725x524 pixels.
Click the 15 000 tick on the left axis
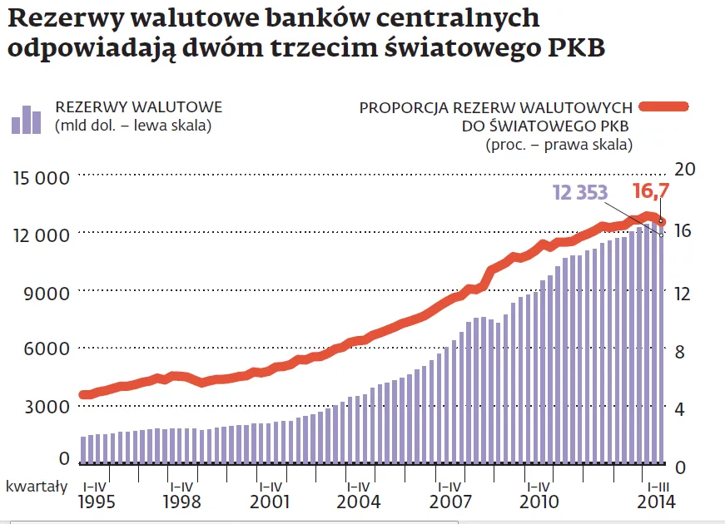click(41, 177)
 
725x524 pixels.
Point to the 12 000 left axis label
click(41, 235)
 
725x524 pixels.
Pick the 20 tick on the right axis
click(683, 169)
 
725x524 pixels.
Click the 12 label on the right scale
click(683, 294)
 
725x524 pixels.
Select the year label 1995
click(98, 502)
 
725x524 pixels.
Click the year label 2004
click(359, 502)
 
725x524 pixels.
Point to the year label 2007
click(450, 502)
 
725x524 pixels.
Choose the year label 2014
click(655, 502)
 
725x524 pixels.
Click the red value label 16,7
click(651, 191)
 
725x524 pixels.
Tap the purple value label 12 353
click(580, 192)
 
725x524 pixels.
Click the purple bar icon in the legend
click(26, 120)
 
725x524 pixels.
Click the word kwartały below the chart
click(37, 486)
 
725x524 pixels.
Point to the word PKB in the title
click(574, 47)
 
